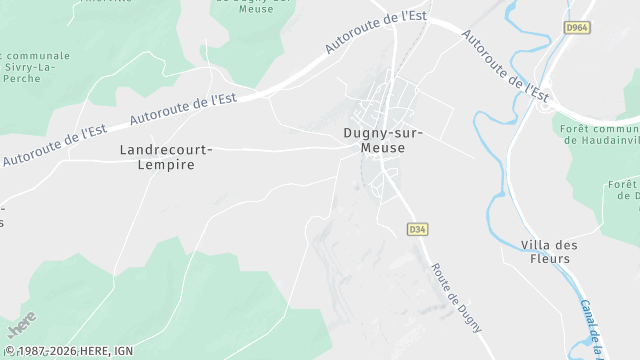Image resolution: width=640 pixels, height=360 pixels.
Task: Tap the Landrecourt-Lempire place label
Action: click(x=165, y=157)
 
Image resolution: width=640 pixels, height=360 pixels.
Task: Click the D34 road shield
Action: click(x=417, y=230)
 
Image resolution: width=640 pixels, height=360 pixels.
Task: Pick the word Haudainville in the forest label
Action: click(x=605, y=141)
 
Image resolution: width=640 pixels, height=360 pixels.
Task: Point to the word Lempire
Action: click(x=165, y=165)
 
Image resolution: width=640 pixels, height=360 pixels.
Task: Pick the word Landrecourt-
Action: click(x=165, y=149)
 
